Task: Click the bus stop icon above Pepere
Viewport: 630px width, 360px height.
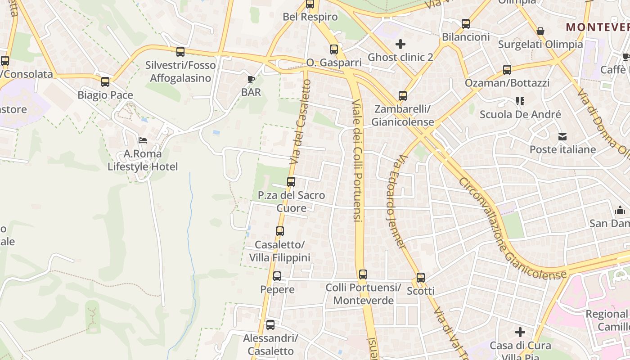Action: click(277, 276)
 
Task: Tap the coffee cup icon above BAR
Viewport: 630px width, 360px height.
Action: click(251, 80)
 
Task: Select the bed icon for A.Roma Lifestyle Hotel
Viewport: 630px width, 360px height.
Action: click(143, 140)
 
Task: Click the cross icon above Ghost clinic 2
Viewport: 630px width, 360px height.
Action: click(400, 44)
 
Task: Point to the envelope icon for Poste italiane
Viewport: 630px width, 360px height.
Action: click(562, 136)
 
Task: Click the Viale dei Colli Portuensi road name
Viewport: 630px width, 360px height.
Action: click(357, 160)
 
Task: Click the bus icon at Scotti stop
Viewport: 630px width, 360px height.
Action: click(421, 278)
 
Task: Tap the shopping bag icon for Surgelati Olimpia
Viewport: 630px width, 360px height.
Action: click(540, 31)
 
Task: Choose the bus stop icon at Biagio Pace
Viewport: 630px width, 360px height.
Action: click(105, 82)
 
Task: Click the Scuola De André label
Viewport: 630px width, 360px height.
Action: click(520, 114)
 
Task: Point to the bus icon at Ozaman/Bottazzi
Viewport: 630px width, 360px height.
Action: click(507, 70)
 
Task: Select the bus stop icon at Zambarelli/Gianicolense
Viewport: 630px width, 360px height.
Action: click(403, 96)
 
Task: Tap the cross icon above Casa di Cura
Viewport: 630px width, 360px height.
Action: click(520, 332)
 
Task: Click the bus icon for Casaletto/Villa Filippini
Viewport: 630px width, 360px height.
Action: click(280, 231)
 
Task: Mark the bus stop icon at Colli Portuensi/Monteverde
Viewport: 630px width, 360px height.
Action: click(363, 274)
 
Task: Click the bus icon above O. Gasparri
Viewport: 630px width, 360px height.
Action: click(333, 49)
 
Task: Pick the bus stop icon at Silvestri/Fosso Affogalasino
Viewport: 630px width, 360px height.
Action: click(180, 52)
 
